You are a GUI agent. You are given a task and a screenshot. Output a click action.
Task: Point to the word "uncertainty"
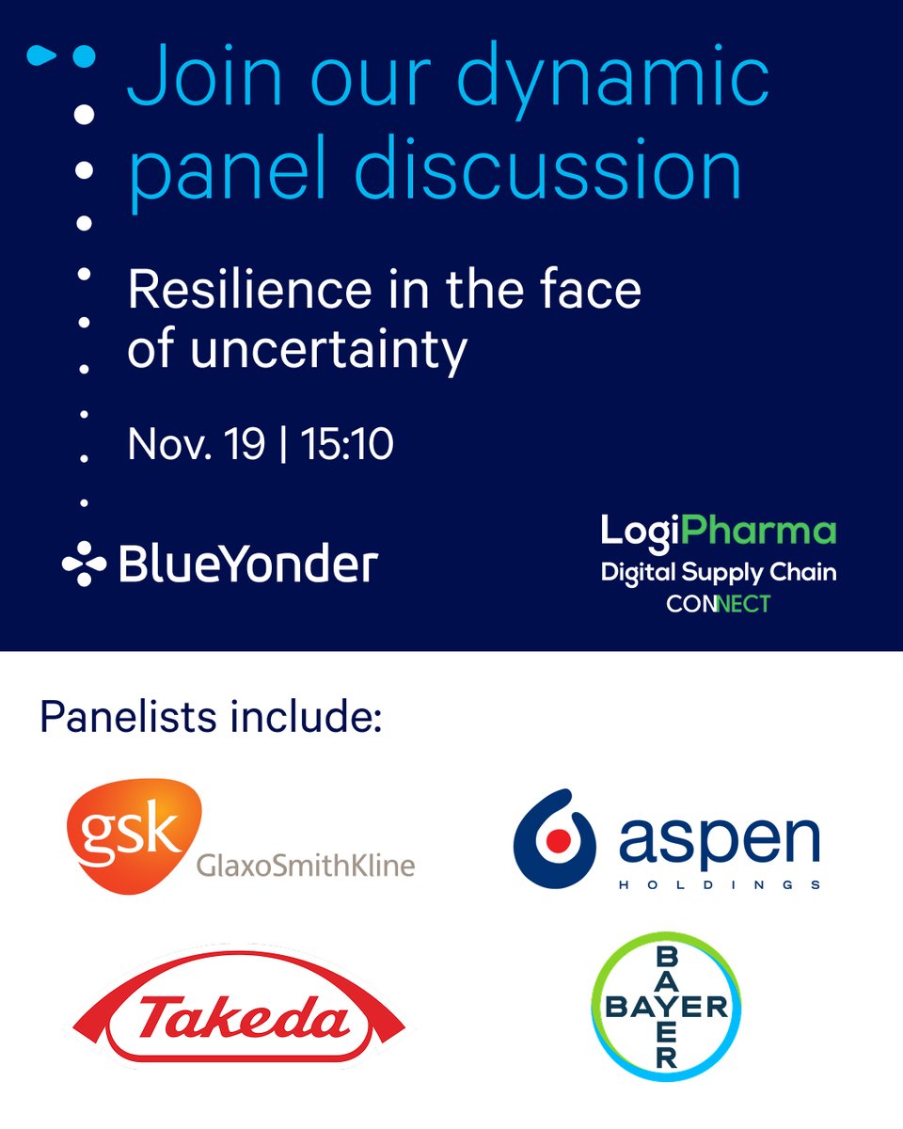tap(328, 349)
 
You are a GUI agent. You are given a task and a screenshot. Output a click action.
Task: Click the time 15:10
tap(347, 444)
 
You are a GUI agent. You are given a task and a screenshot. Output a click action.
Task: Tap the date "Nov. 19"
tap(197, 444)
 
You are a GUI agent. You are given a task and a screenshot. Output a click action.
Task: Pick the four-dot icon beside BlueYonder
tap(84, 564)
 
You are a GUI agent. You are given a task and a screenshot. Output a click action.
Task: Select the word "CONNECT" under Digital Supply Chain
tap(718, 603)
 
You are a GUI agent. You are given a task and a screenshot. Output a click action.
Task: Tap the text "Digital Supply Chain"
tap(718, 570)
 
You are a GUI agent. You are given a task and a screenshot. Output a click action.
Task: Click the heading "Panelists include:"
tap(211, 718)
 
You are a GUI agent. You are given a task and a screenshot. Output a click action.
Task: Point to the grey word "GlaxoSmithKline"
tap(305, 864)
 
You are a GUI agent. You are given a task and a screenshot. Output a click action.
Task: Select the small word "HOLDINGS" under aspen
tap(720, 884)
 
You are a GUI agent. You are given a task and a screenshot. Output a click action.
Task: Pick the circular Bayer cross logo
tap(666, 1007)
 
